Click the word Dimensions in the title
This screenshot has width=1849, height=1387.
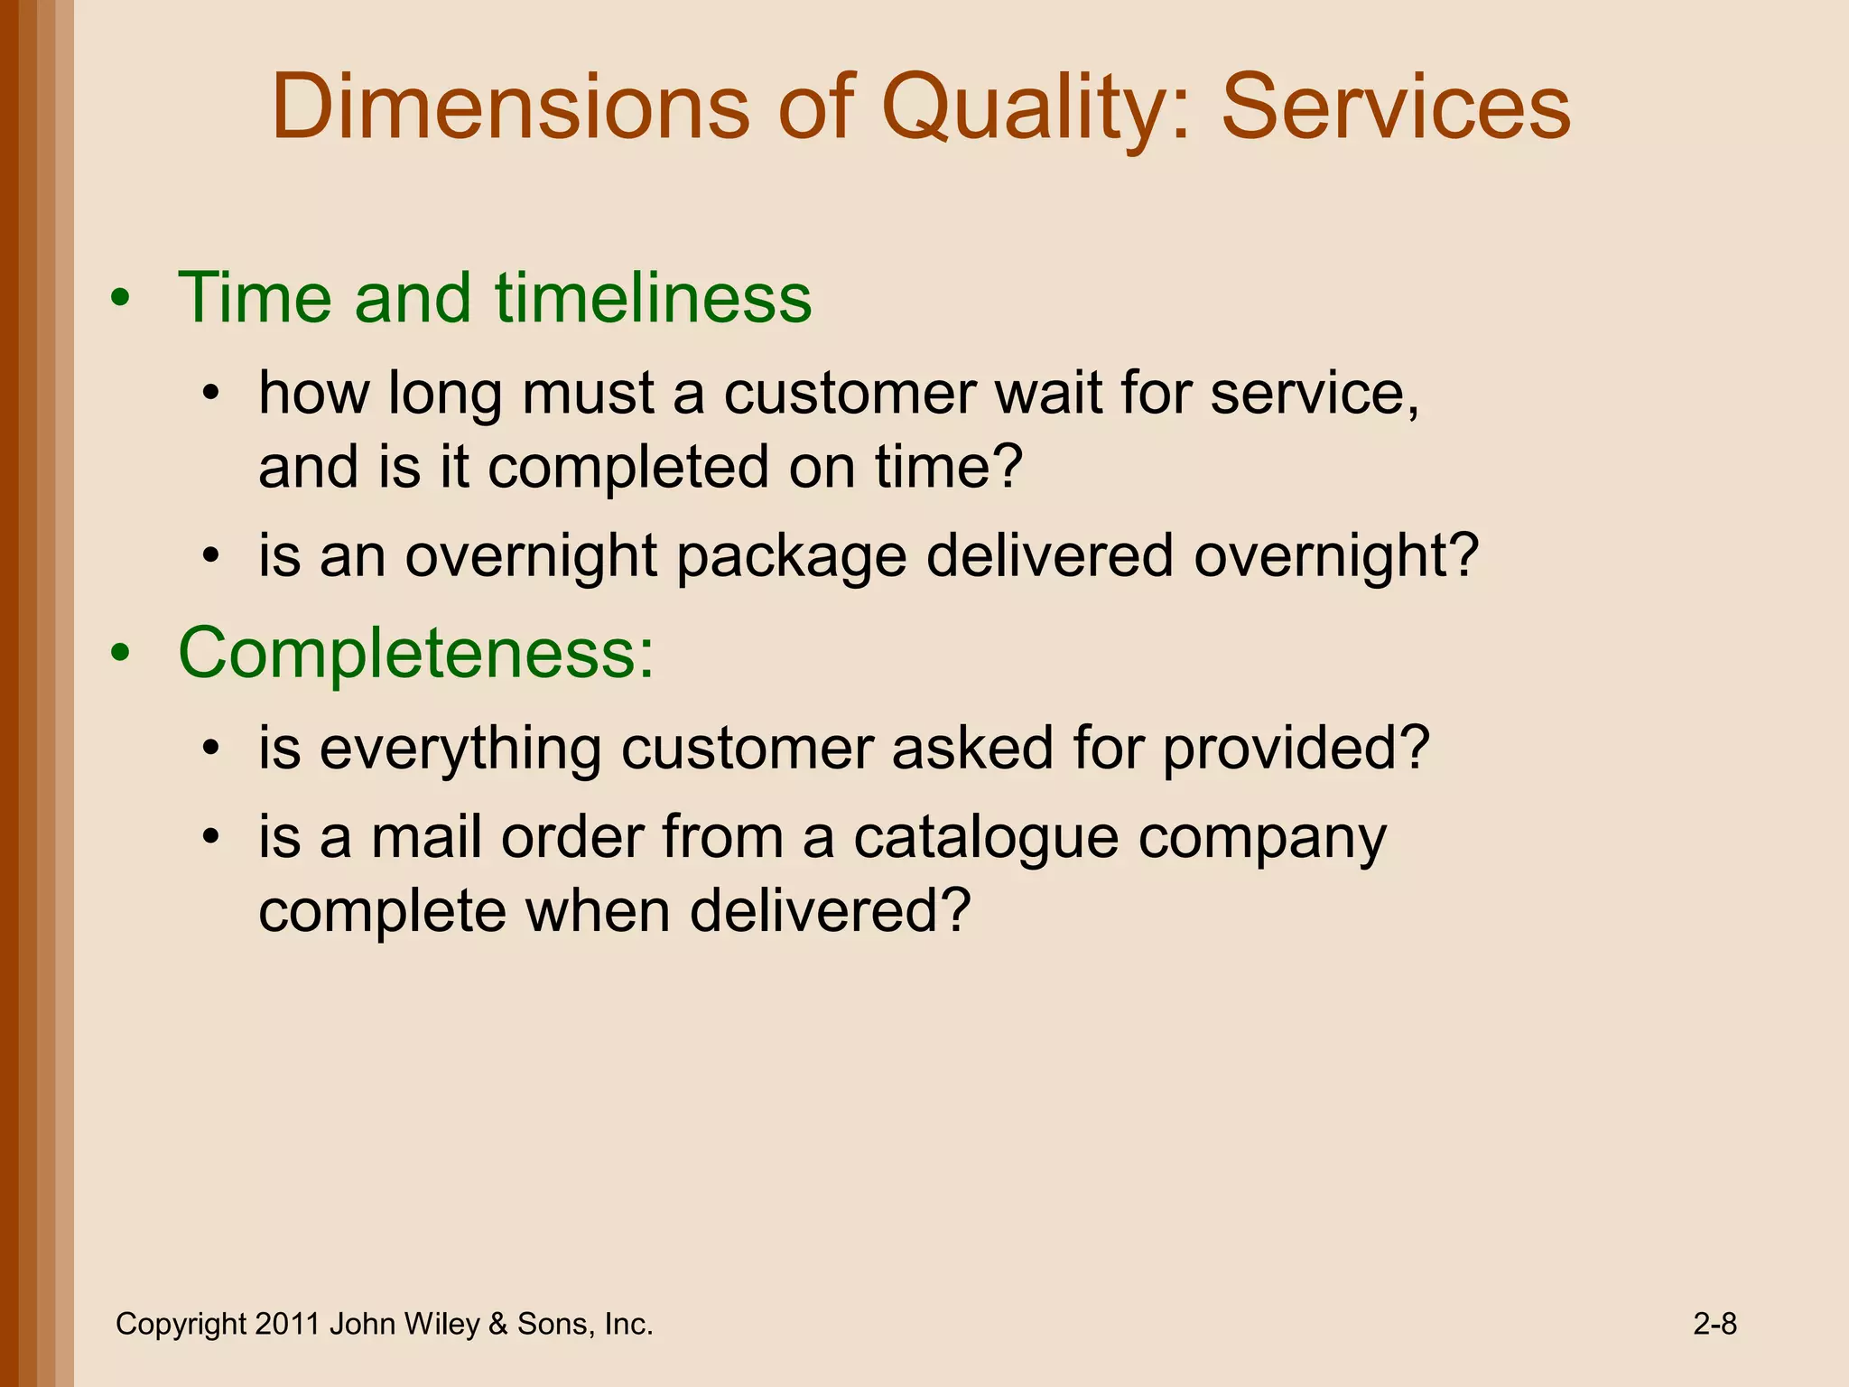point(510,108)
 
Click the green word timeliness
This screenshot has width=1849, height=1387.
point(653,298)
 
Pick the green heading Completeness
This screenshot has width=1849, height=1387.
point(415,653)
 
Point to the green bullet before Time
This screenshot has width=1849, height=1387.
point(121,299)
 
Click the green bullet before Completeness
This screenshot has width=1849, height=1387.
point(121,654)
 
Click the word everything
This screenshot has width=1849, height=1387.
point(460,749)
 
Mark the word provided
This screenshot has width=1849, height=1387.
point(1296,749)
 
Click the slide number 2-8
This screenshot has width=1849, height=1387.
point(1714,1324)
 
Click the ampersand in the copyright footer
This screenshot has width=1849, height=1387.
point(497,1325)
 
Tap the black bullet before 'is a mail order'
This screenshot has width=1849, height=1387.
point(211,837)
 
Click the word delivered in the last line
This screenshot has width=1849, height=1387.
point(829,912)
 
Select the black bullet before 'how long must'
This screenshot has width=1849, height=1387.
point(211,394)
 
